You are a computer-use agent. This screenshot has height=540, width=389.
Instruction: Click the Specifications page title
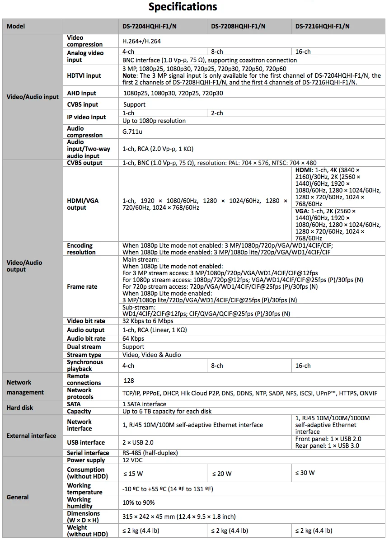[183, 7]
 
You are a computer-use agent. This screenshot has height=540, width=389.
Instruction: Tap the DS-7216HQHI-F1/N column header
[323, 26]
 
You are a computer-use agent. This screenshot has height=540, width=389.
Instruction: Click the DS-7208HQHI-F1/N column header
[238, 26]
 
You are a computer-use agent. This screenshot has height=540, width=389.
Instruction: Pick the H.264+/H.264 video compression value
[142, 41]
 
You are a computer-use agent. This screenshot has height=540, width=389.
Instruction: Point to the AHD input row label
[82, 93]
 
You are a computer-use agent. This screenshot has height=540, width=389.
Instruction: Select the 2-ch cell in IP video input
[217, 113]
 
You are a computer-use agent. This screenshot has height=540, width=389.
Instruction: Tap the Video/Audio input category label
[33, 97]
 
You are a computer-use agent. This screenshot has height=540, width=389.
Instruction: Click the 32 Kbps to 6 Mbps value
[148, 321]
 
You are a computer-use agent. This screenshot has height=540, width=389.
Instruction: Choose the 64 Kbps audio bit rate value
[133, 338]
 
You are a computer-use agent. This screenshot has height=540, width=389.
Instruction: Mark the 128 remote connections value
[129, 381]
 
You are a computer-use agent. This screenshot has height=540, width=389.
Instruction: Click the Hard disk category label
[20, 408]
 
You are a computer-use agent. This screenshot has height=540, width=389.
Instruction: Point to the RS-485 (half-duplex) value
[150, 453]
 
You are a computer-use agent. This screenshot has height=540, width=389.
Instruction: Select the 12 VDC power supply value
[132, 460]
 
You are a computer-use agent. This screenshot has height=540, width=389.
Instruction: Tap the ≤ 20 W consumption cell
[222, 474]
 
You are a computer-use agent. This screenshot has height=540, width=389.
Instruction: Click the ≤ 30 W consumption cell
[305, 473]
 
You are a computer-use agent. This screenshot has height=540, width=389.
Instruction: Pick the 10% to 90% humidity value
[139, 502]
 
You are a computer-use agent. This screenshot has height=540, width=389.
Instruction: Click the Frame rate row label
[82, 286]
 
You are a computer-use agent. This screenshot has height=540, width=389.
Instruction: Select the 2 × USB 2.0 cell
[138, 442]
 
